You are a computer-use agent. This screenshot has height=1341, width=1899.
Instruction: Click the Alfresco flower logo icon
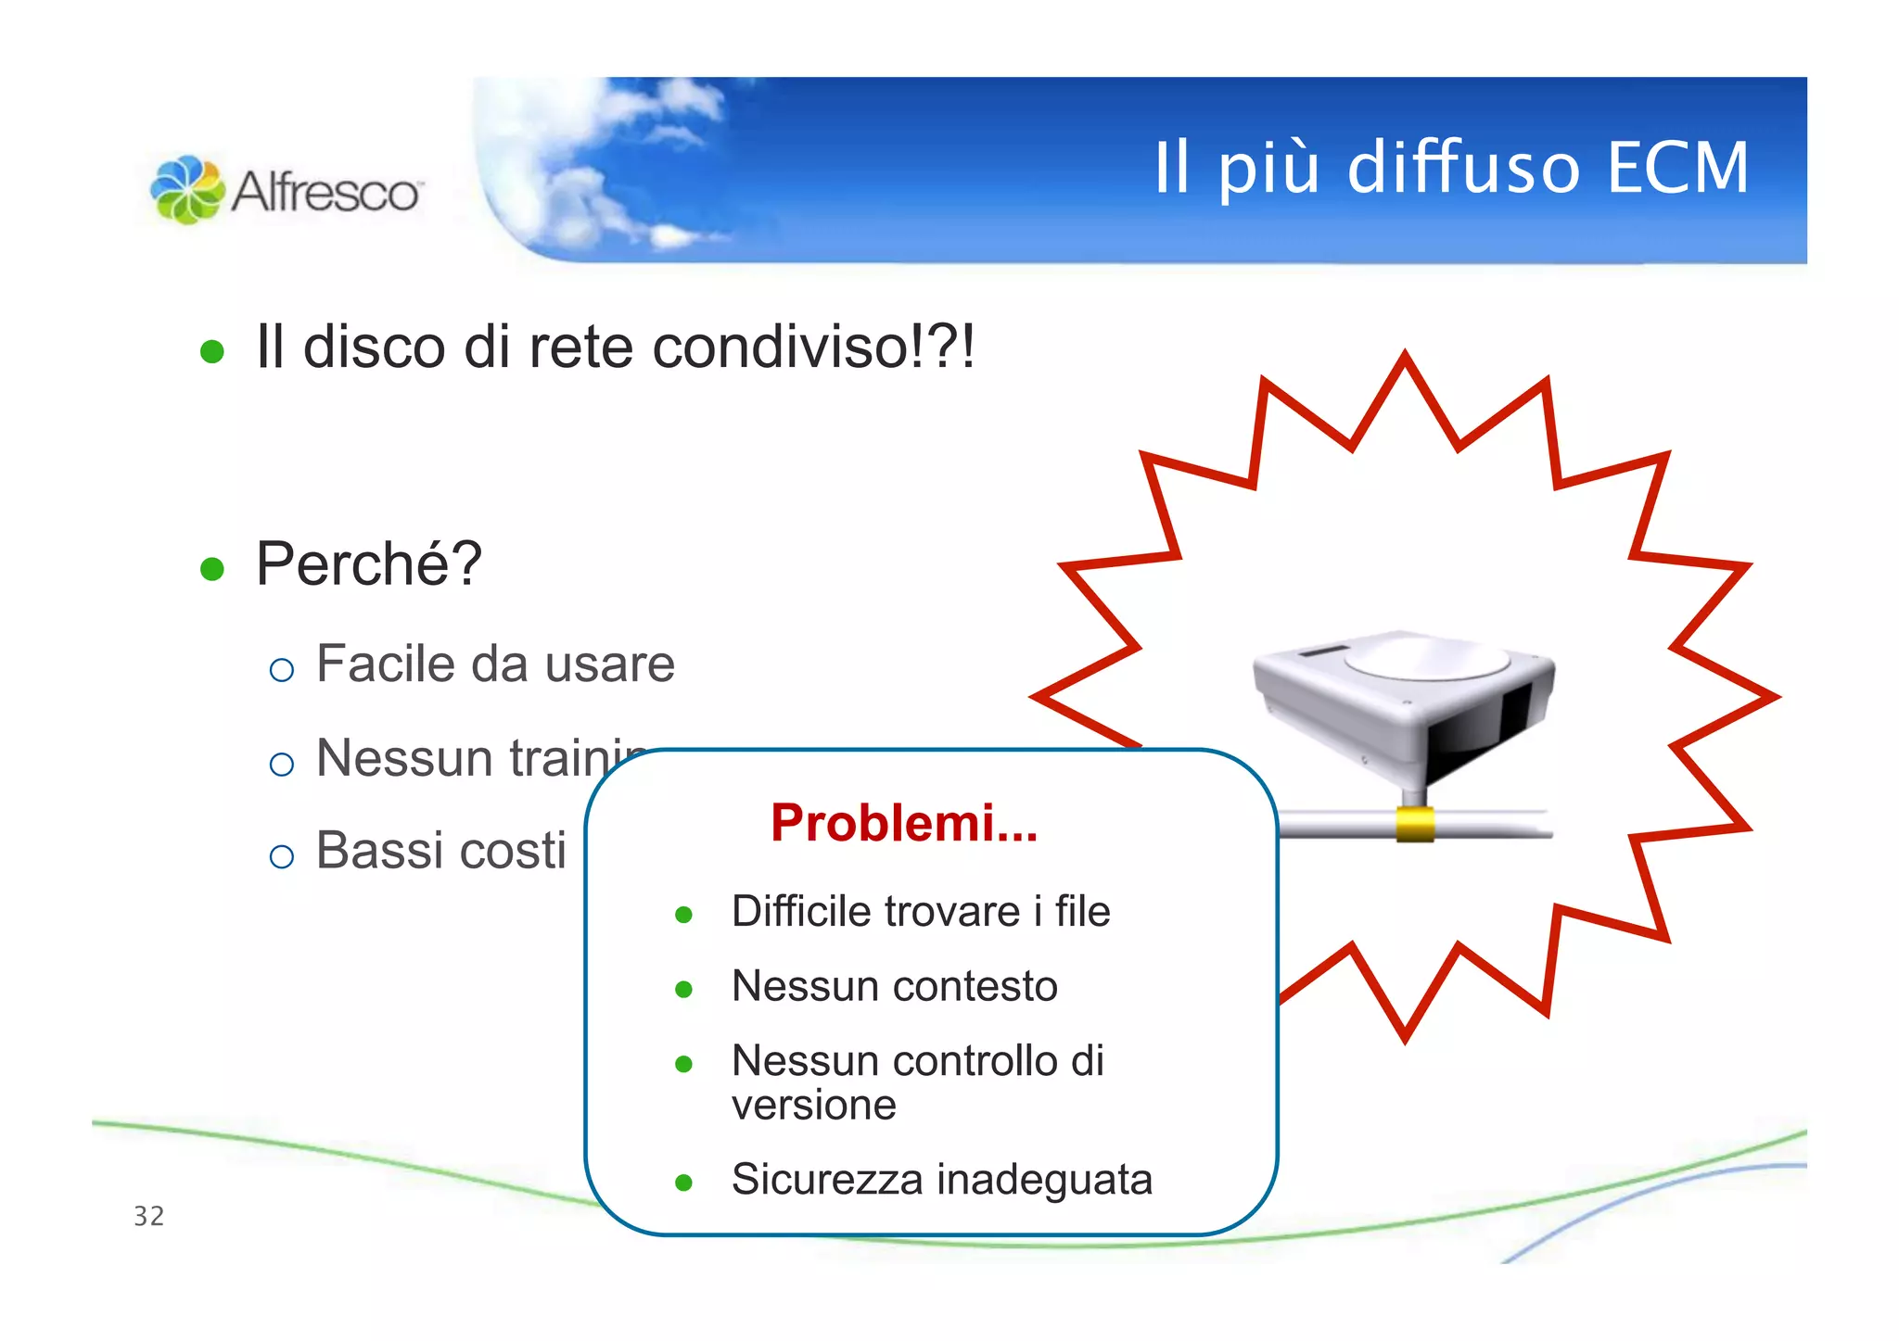[186, 189]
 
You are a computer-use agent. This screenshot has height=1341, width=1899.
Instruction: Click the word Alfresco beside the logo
[325, 192]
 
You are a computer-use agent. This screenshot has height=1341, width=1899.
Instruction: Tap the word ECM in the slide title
[1677, 168]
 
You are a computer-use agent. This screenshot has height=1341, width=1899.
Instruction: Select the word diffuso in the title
[1462, 168]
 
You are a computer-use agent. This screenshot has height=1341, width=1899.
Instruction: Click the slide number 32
[148, 1216]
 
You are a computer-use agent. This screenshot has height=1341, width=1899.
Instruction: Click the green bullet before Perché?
[212, 568]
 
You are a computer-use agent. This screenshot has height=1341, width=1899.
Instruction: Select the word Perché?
[369, 563]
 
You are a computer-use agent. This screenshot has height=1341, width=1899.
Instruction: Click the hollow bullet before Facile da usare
[281, 669]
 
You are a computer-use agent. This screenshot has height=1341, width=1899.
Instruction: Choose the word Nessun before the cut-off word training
[403, 758]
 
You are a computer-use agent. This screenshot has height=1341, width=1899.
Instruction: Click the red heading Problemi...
[903, 823]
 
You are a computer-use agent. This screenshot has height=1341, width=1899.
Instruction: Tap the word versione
[813, 1105]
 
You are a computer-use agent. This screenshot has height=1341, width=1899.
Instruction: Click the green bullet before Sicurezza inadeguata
[684, 1183]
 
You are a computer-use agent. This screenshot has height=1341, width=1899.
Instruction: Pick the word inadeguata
[1045, 1180]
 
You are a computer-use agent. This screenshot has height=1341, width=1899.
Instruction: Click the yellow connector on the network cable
[1415, 824]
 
